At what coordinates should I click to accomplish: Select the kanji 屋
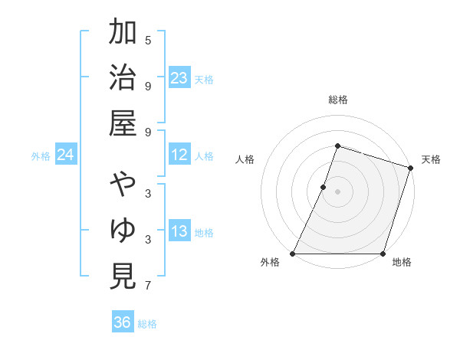pos(123,123)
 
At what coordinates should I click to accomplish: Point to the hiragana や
pos(123,185)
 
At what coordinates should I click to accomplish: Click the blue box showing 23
pos(179,77)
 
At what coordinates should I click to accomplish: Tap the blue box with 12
pos(179,155)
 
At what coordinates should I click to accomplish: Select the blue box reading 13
pos(179,231)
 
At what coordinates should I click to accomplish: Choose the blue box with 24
pos(65,155)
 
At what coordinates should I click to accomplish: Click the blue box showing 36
pos(123,322)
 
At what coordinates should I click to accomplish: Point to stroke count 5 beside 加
pos(148,40)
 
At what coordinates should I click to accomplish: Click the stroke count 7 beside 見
pos(148,286)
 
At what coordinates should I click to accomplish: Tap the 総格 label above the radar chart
pos(338,100)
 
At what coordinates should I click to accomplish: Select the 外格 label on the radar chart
pos(270,262)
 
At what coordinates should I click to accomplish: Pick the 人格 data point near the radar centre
pos(324,187)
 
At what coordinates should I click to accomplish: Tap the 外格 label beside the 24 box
pos(41,156)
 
